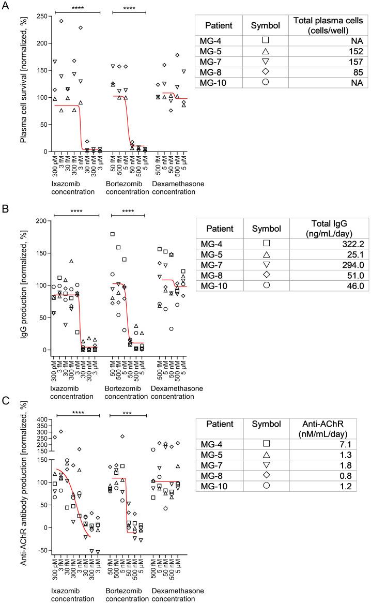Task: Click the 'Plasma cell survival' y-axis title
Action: (24, 83)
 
